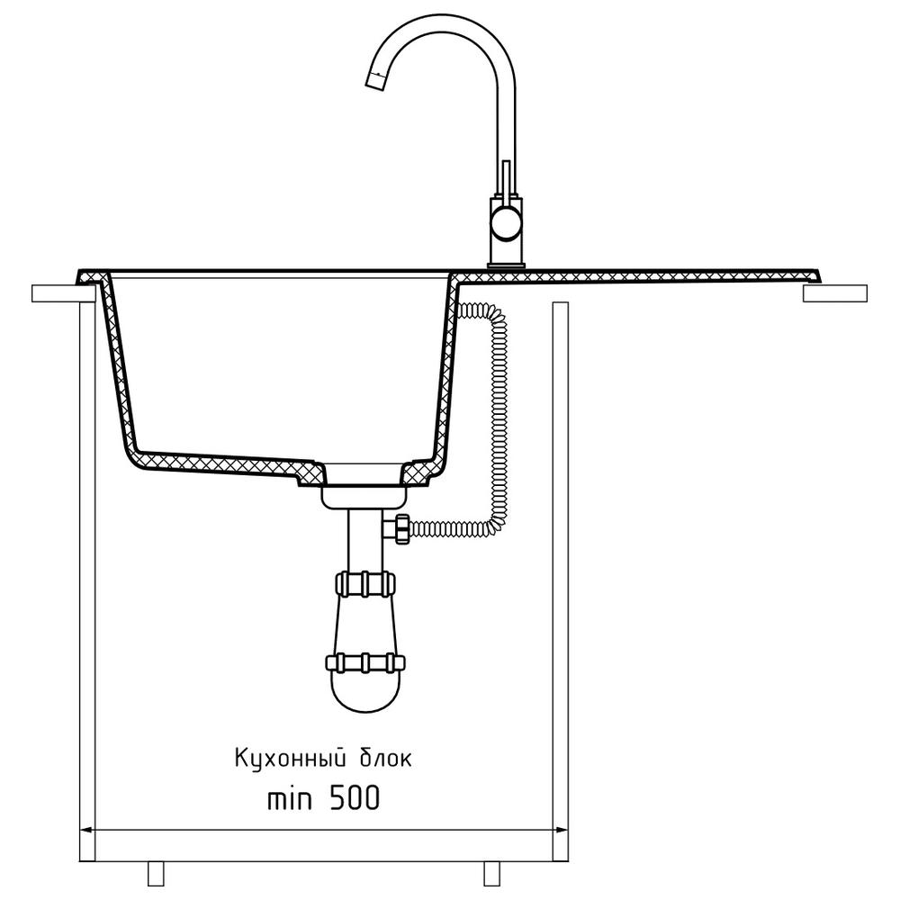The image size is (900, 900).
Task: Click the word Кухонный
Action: [291, 758]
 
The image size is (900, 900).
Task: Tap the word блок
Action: [386, 759]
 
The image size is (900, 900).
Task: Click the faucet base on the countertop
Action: [506, 265]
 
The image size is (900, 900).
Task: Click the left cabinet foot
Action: [156, 873]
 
